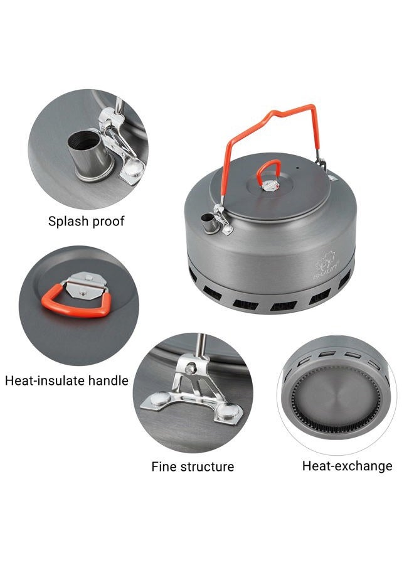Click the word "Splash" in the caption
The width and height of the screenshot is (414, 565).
click(68, 221)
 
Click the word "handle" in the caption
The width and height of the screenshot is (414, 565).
click(108, 380)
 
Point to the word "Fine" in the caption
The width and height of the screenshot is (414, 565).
click(164, 466)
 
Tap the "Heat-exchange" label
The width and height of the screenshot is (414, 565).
click(347, 466)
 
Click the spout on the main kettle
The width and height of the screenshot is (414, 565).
click(208, 222)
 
